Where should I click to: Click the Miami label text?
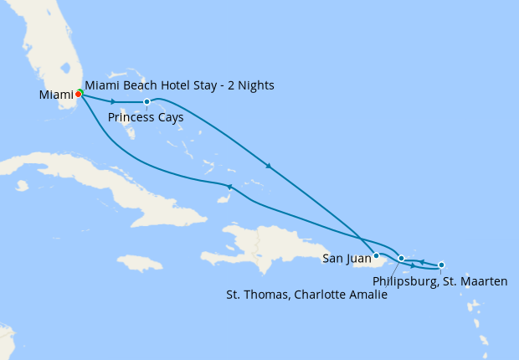pyautogui.click(x=56, y=95)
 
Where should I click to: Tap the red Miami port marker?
pyautogui.click(x=78, y=95)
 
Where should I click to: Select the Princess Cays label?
pyautogui.click(x=146, y=117)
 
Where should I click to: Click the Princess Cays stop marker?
pyautogui.click(x=146, y=102)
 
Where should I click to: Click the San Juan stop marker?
pyautogui.click(x=376, y=255)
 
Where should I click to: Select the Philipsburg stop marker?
pyautogui.click(x=441, y=265)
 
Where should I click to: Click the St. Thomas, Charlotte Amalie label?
pyautogui.click(x=307, y=295)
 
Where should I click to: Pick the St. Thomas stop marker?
pyautogui.click(x=402, y=258)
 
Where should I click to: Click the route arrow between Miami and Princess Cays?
pyautogui.click(x=113, y=102)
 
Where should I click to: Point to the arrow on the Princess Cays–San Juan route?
pyautogui.click(x=268, y=166)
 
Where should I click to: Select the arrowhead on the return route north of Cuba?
pyautogui.click(x=229, y=186)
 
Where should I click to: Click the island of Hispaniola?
pyautogui.click(x=259, y=239)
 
